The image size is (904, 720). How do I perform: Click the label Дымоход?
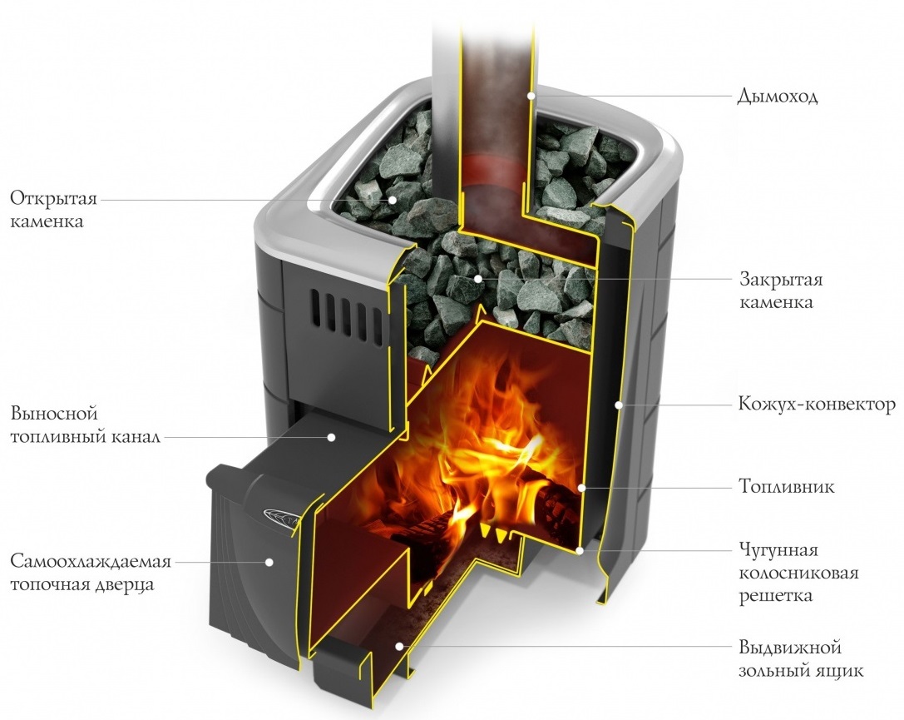pyautogui.click(x=778, y=97)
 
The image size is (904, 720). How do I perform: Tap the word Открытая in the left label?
pyautogui.click(x=54, y=201)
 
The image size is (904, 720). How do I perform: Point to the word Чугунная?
pyautogui.click(x=778, y=551)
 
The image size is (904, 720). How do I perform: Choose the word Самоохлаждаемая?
pyautogui.click(x=91, y=561)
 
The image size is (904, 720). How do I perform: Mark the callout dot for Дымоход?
pyautogui.click(x=532, y=97)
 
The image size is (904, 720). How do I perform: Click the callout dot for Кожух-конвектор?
pyautogui.click(x=618, y=405)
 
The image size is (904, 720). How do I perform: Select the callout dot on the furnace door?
pyautogui.click(x=269, y=562)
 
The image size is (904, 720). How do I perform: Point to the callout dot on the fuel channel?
pyautogui.click(x=330, y=435)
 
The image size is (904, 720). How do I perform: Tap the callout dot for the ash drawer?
pyautogui.click(x=400, y=646)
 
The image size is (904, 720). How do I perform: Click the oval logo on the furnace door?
pyautogui.click(x=278, y=514)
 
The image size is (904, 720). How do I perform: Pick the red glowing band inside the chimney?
pyautogui.click(x=494, y=170)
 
